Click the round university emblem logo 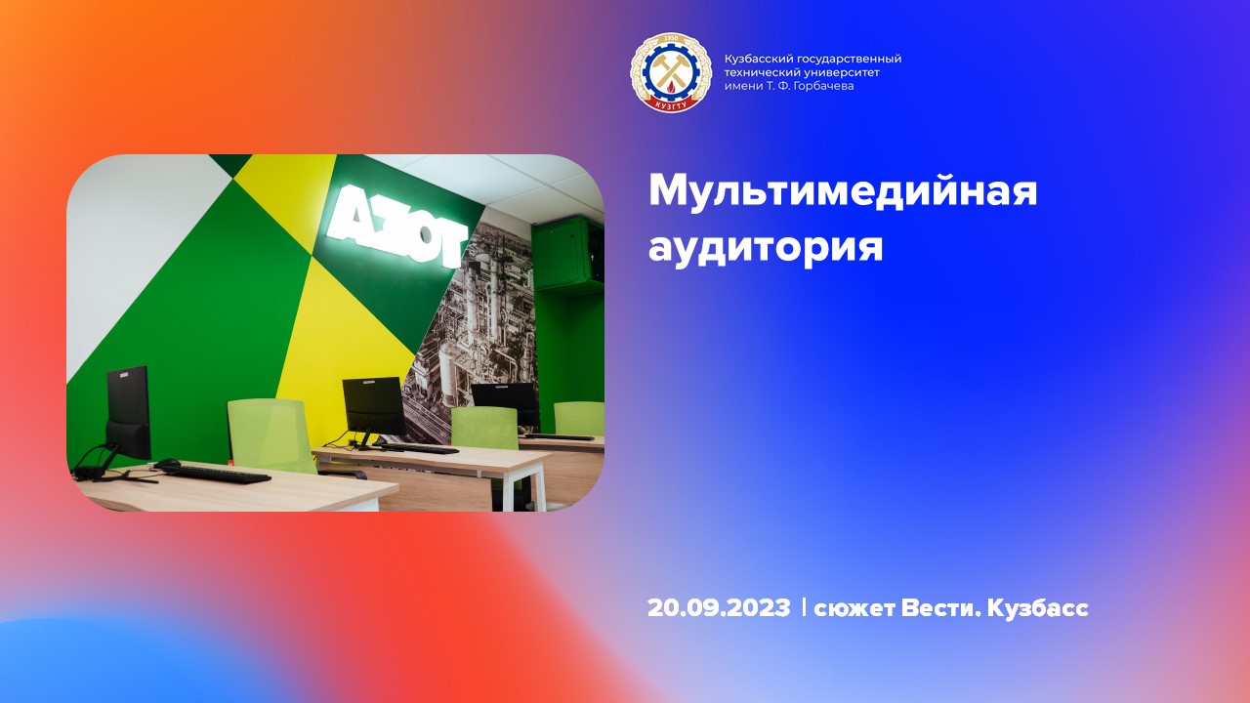click(670, 73)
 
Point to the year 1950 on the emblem click(670, 40)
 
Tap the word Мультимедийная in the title click(842, 190)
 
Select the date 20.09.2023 click(718, 608)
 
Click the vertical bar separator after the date click(803, 607)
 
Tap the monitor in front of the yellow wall click(373, 404)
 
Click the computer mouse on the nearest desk click(167, 464)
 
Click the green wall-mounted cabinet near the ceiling click(568, 253)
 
